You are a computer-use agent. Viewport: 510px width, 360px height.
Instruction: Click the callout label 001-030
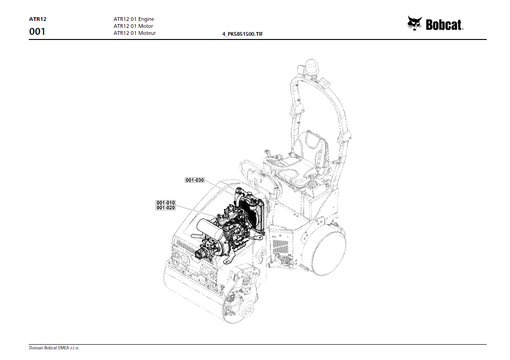coord(195,180)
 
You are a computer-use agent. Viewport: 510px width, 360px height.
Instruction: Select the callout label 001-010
coord(166,203)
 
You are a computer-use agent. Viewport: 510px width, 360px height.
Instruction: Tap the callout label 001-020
coord(166,208)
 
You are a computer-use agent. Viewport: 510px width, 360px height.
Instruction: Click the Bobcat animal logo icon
coord(414,23)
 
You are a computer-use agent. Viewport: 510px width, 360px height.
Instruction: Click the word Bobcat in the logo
coord(445,25)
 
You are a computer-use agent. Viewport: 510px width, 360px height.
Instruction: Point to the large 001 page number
coord(37,32)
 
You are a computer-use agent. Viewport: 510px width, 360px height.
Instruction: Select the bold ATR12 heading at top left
coord(38,20)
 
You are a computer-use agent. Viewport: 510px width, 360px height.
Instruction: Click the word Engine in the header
coord(146,20)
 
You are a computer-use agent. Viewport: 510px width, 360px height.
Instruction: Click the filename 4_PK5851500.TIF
coord(243,34)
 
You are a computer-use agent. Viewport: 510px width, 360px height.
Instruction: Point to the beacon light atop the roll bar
coord(311,65)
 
